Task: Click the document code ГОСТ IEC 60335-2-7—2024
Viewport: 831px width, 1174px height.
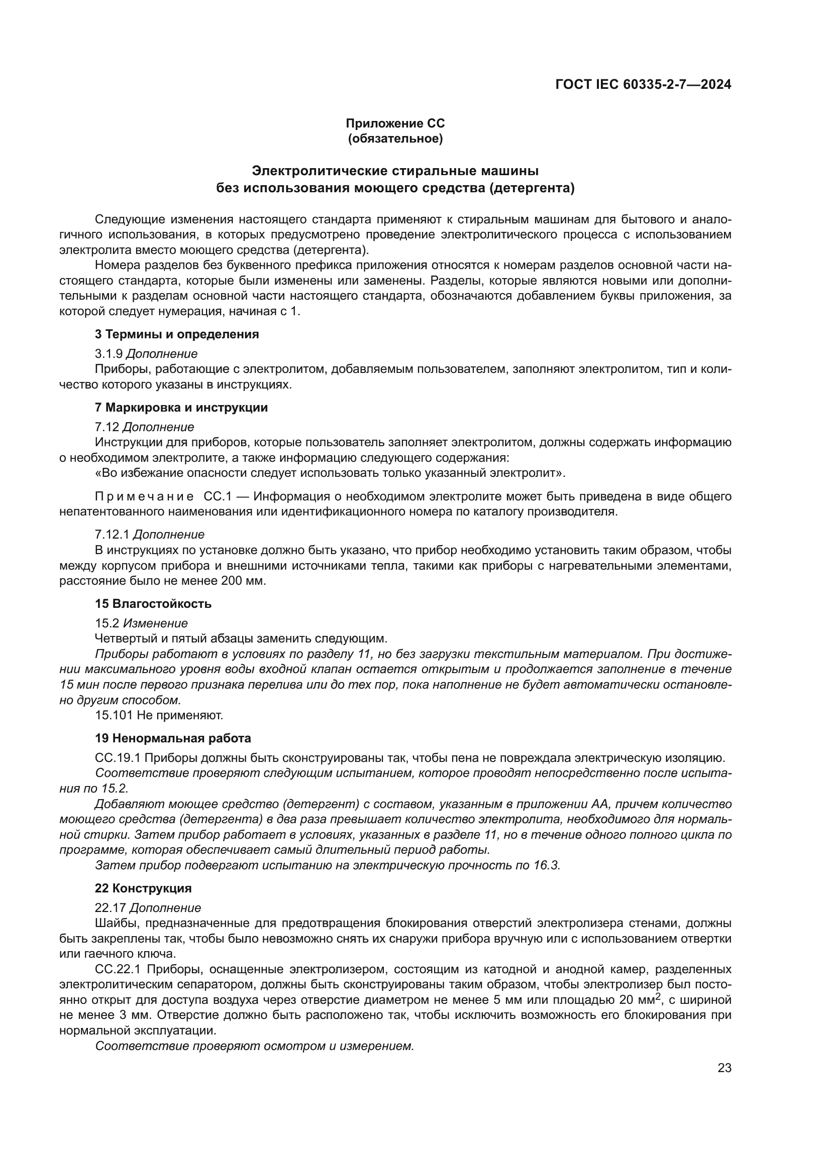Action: [x=643, y=85]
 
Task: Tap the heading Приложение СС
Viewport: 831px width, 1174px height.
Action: [x=395, y=123]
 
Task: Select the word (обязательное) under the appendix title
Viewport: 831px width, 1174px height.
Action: [x=395, y=139]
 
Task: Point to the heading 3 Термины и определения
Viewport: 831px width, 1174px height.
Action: [x=176, y=334]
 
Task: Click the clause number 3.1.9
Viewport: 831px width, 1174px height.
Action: [x=109, y=354]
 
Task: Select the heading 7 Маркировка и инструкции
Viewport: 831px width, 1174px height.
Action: [x=181, y=408]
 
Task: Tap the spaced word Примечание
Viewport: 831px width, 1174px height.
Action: [x=144, y=496]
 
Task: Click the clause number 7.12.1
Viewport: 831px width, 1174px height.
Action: [x=112, y=535]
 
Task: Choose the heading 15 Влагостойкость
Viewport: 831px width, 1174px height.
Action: [x=153, y=604]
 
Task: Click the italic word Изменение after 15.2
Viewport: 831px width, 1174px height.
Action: [x=156, y=623]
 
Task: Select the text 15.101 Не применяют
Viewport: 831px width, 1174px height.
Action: [x=159, y=715]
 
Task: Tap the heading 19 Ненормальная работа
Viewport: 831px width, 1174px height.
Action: [x=173, y=738]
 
